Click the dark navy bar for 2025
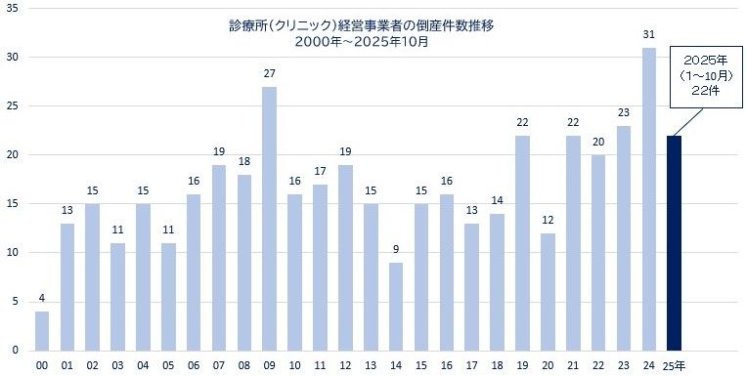[x=674, y=243]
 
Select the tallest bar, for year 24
[x=648, y=199]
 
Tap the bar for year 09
[x=269, y=219]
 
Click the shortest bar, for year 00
[x=42, y=331]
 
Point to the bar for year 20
[x=548, y=292]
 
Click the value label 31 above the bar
[x=648, y=35]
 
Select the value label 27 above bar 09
[x=269, y=74]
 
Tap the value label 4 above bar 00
[x=42, y=299]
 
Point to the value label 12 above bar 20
[x=548, y=221]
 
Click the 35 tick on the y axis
[x=12, y=8]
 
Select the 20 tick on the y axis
[x=12, y=154]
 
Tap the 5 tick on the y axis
[x=15, y=301]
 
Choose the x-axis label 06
[x=194, y=365]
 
